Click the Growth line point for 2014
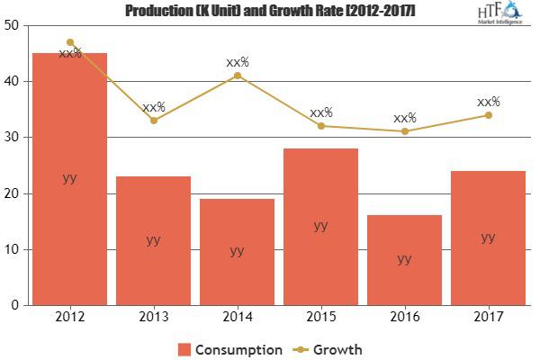pos(238,76)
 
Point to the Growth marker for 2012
pos(70,42)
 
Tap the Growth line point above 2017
pos(488,115)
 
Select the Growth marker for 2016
pos(405,131)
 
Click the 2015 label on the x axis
pos(321,317)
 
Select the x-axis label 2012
pos(70,317)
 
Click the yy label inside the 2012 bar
pos(70,177)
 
